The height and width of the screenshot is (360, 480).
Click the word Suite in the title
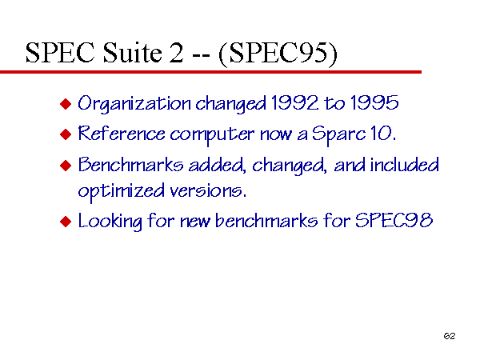pyautogui.click(x=132, y=52)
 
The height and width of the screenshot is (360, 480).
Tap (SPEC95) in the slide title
pyautogui.click(x=278, y=54)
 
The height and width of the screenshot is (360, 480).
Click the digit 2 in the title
pyautogui.click(x=176, y=53)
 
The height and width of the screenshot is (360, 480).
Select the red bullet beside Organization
pyautogui.click(x=66, y=104)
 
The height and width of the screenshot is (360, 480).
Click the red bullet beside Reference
pyautogui.click(x=66, y=134)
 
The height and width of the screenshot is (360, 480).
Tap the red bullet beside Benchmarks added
pyautogui.click(x=66, y=166)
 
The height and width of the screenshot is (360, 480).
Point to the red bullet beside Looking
pyautogui.click(x=66, y=222)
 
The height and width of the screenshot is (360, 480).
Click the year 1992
pyautogui.click(x=294, y=102)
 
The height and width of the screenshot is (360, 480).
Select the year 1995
pyautogui.click(x=374, y=102)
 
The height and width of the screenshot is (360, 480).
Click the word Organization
pyautogui.click(x=134, y=104)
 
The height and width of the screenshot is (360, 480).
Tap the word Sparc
pyautogui.click(x=338, y=135)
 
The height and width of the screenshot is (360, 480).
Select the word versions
pyautogui.click(x=208, y=191)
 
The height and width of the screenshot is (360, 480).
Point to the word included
pyautogui.click(x=404, y=164)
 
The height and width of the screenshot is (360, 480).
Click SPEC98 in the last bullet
pyautogui.click(x=394, y=220)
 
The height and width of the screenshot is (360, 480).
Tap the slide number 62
pyautogui.click(x=450, y=336)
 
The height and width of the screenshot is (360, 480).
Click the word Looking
pyautogui.click(x=110, y=222)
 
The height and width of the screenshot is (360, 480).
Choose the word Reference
pyautogui.click(x=122, y=134)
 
